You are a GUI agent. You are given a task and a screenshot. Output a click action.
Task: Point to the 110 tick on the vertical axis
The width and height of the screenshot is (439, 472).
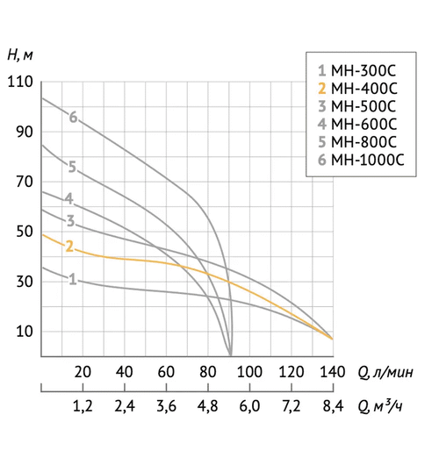click(18, 82)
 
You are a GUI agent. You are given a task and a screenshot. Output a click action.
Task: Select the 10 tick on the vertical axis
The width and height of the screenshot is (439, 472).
click(21, 332)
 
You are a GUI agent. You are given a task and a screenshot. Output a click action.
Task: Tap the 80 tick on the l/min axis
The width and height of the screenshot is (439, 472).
click(207, 371)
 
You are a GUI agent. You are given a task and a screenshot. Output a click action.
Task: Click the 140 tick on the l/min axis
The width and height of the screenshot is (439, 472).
click(332, 371)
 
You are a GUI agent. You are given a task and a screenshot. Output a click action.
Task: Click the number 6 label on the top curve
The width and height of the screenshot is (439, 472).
click(74, 118)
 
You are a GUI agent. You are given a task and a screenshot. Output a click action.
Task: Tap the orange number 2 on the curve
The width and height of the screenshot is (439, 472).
click(68, 246)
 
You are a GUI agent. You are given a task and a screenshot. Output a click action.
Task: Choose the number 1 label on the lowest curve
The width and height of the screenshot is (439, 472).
click(72, 280)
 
